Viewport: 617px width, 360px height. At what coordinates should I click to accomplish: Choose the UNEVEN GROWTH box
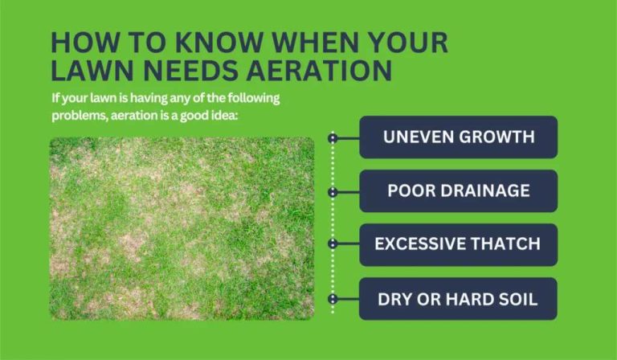[459, 137]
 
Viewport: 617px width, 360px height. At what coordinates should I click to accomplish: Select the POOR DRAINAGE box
[459, 190]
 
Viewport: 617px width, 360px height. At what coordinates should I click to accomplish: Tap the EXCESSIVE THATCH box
[459, 245]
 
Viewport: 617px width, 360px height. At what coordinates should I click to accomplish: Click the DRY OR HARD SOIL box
[459, 299]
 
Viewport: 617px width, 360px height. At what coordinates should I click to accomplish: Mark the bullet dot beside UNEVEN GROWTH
[333, 138]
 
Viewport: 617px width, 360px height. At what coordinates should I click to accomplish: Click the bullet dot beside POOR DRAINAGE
[333, 192]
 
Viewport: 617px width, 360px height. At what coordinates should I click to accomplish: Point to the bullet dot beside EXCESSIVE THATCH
[333, 244]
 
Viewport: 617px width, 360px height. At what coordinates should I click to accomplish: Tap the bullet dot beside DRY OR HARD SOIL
[333, 299]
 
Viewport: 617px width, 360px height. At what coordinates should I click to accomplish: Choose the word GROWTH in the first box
[496, 137]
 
